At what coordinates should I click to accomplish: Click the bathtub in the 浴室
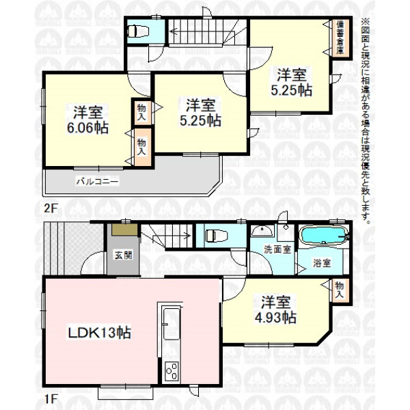tap(323, 235)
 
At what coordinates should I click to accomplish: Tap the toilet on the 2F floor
tap(137, 31)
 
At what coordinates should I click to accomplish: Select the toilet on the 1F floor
tap(216, 236)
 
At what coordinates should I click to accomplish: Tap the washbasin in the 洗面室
tap(262, 231)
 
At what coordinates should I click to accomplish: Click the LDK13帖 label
tap(99, 333)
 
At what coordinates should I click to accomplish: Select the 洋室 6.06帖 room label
tap(88, 120)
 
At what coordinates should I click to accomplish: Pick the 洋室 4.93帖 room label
tap(275, 310)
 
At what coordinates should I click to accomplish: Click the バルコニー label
tap(97, 181)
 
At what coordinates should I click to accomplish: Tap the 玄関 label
tap(123, 255)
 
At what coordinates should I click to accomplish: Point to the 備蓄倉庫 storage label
tap(340, 37)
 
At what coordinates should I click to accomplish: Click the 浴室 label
tap(322, 263)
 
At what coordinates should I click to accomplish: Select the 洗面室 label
tap(277, 249)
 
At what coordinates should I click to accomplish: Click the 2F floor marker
tap(50, 208)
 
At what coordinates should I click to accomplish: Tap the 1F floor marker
tap(50, 399)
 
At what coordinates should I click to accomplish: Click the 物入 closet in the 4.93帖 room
tap(339, 290)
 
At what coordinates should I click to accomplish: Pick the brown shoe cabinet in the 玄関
tap(125, 230)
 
